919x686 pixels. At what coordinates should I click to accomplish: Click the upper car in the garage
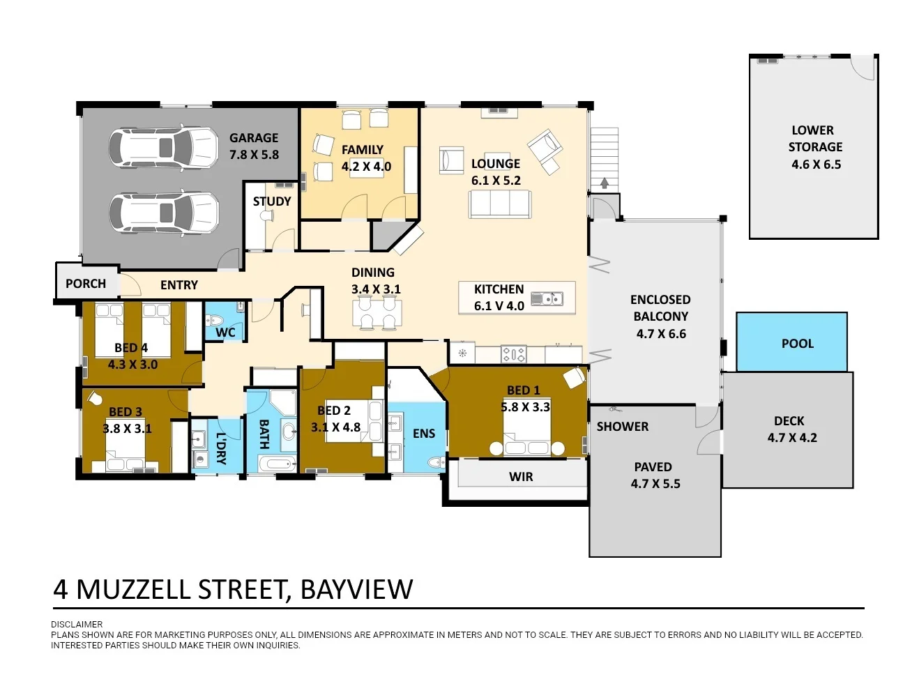click(x=163, y=148)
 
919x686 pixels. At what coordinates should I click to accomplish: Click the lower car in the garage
click(x=164, y=213)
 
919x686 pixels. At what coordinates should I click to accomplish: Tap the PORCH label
click(x=86, y=284)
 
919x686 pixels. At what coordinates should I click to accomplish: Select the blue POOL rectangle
click(x=791, y=342)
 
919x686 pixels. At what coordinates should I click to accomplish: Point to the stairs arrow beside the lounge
click(x=605, y=183)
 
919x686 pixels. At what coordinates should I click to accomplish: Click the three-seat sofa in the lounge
click(x=499, y=204)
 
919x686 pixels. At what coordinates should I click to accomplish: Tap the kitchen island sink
click(x=547, y=298)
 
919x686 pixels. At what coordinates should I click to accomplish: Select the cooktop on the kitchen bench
click(x=513, y=354)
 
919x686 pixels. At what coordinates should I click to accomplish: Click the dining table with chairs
click(x=377, y=312)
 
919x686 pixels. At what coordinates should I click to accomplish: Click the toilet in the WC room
click(x=215, y=320)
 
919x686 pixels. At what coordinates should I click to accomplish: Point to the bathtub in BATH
click(x=277, y=464)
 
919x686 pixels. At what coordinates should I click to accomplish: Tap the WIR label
click(x=521, y=477)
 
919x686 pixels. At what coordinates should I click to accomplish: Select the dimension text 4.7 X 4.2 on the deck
click(x=792, y=438)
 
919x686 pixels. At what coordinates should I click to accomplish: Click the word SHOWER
click(x=622, y=427)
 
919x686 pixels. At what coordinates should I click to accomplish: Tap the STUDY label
click(x=271, y=201)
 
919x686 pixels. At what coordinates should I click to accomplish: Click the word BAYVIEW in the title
click(x=356, y=590)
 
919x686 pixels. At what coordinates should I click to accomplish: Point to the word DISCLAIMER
click(x=77, y=625)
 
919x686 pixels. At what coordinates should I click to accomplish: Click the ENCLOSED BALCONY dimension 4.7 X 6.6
click(x=661, y=334)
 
